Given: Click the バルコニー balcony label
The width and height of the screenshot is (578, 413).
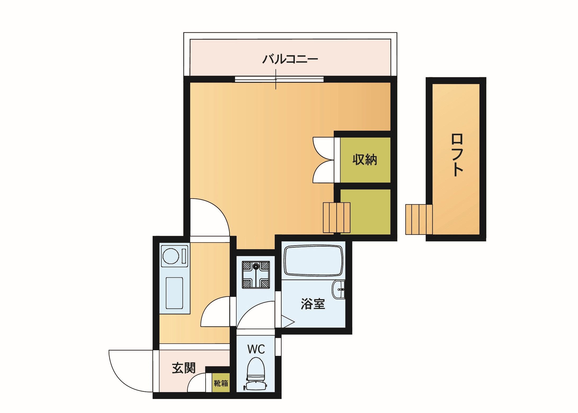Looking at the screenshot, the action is click(290, 59).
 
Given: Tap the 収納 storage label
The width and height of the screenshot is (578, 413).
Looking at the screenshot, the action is click(365, 160).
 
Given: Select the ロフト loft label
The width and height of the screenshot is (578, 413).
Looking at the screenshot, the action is click(457, 155).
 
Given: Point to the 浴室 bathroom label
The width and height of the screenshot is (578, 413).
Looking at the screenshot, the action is click(313, 304).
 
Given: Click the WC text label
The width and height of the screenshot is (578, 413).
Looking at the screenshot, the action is click(256, 349).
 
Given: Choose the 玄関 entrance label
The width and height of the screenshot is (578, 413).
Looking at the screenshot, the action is click(184, 368).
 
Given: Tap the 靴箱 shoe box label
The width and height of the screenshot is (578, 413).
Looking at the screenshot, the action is click(221, 383).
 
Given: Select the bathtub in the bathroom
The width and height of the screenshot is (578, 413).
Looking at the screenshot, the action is click(313, 260).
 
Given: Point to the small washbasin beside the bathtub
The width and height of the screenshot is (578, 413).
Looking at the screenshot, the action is click(339, 289).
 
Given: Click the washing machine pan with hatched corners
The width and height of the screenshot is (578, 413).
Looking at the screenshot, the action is click(256, 275).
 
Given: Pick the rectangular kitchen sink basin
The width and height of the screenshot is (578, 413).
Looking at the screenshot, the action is click(174, 293).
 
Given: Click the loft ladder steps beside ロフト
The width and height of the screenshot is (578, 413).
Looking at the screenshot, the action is click(419, 219).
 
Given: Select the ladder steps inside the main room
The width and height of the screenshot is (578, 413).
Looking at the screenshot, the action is click(337, 218).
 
